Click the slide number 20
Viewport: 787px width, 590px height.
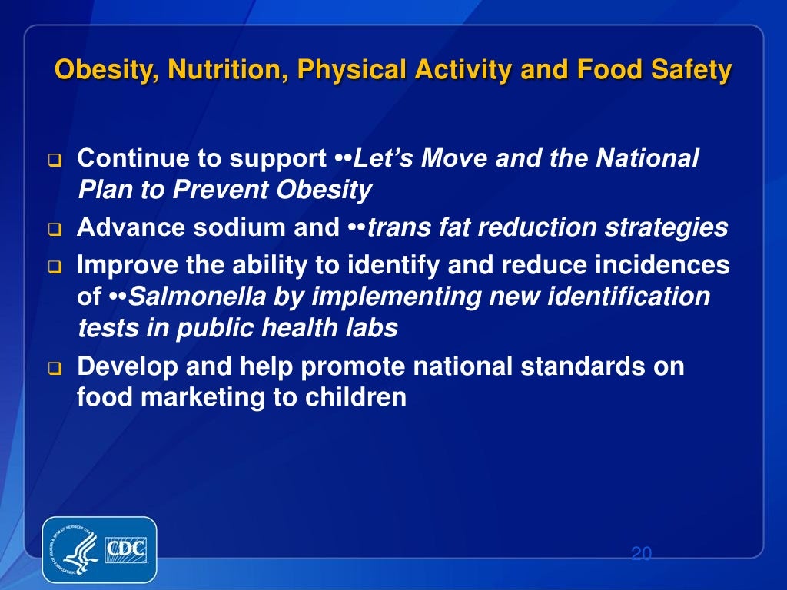coord(640,554)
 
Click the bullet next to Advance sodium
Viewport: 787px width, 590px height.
coord(55,230)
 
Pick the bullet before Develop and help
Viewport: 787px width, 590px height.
coord(55,369)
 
